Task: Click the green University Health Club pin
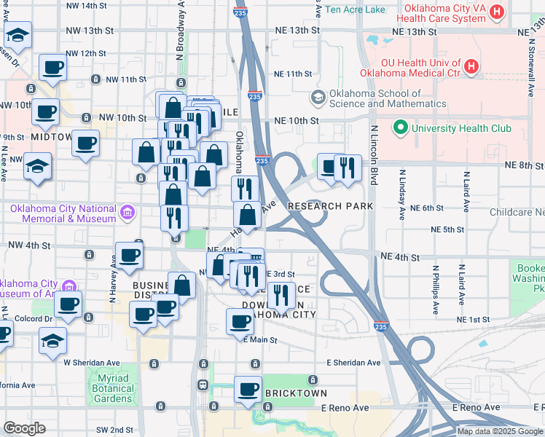400,128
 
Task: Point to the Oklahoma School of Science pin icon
318,97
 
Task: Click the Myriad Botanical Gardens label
112,388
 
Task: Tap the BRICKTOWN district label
296,393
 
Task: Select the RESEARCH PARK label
330,206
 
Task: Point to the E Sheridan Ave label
353,363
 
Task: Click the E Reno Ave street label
476,407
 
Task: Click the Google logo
24,428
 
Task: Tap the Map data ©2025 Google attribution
501,431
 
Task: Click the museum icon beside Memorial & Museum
128,213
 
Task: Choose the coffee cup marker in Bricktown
248,390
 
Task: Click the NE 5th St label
447,229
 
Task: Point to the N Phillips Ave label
435,288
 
